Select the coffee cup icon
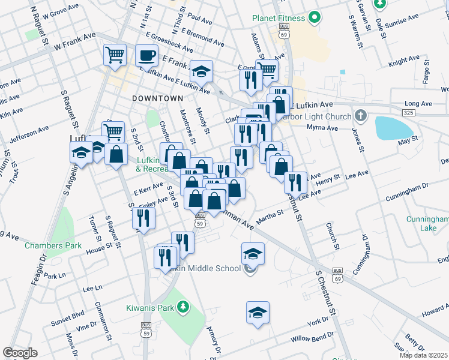pos(146,56)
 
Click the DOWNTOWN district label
pos(157,98)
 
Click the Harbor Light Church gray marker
pos(360,115)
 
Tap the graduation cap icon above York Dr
pos(258,313)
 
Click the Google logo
pos(20,353)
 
